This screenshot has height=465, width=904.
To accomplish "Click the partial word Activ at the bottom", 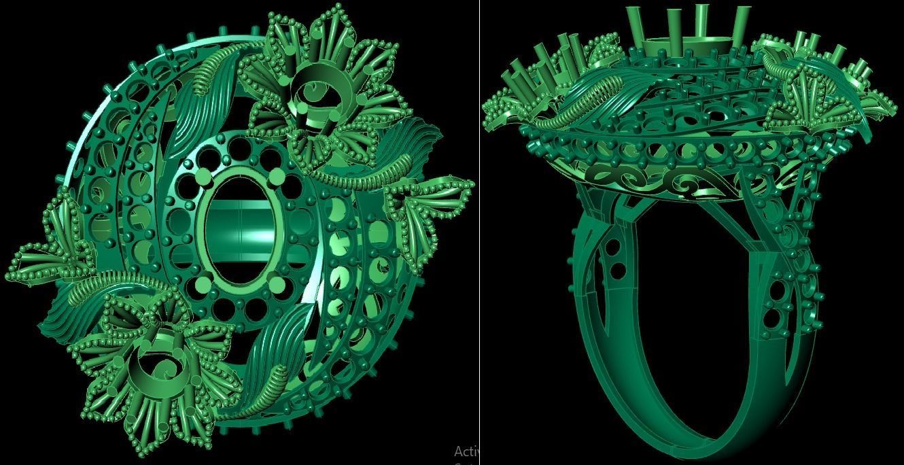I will tap(467, 451).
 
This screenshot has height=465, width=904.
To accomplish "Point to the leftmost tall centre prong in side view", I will tap(636, 27).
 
